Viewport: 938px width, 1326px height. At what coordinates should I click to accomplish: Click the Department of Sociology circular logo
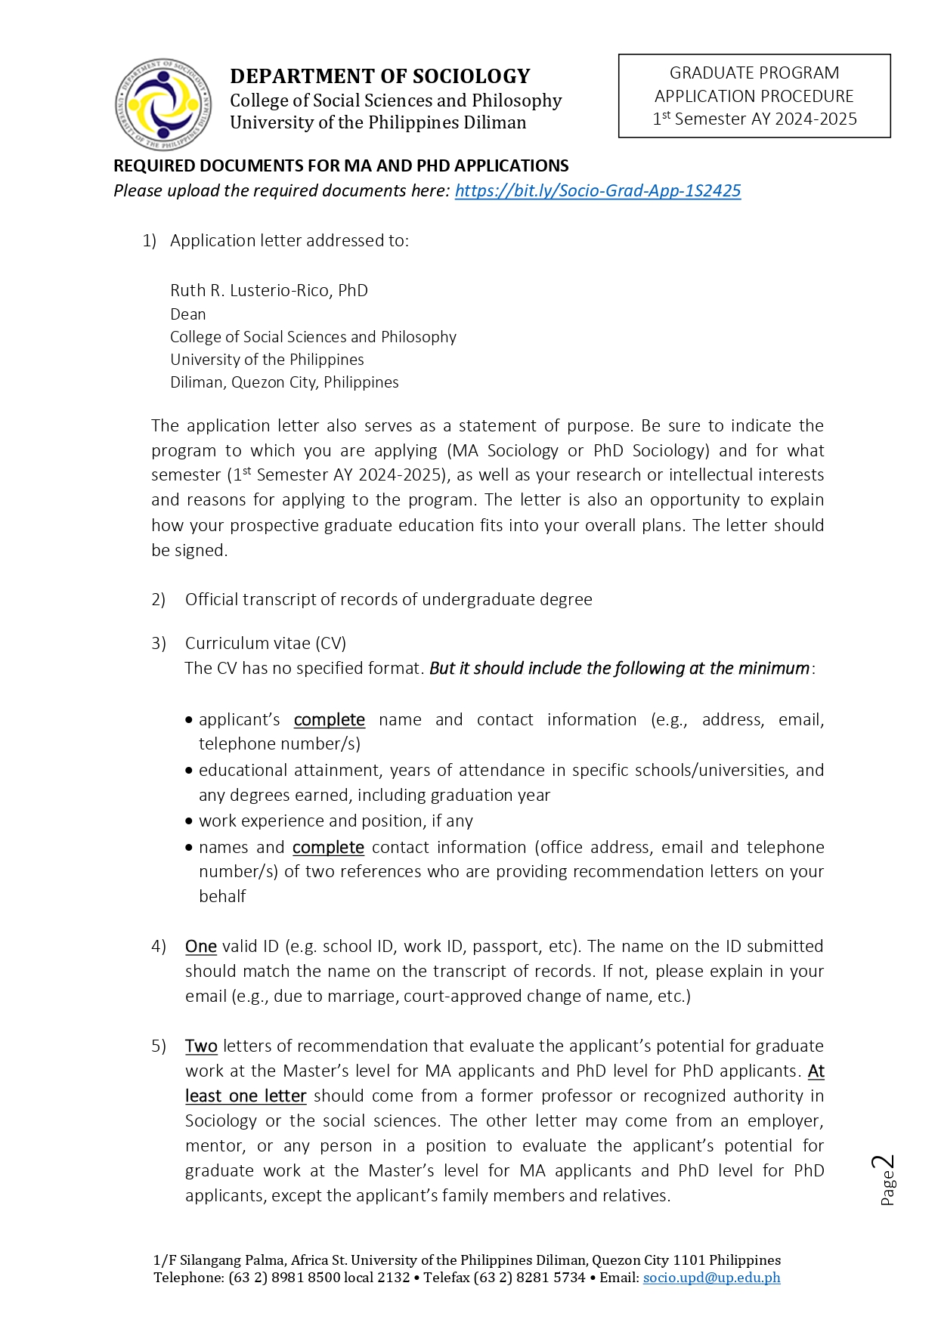163,104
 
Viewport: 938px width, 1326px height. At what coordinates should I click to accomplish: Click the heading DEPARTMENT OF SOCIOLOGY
379,76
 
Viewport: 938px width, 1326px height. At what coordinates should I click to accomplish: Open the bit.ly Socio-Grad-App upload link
597,190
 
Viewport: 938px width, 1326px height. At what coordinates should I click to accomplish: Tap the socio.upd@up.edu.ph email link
711,1278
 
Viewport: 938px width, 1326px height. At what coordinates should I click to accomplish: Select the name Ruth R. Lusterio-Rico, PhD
268,290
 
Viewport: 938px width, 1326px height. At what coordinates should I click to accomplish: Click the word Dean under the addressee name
187,314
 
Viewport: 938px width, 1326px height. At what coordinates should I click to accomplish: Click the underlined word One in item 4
201,946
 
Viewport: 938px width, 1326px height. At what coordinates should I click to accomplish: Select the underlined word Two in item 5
201,1046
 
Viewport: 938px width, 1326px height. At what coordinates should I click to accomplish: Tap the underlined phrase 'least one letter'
246,1096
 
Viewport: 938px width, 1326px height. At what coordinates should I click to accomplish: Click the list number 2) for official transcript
158,599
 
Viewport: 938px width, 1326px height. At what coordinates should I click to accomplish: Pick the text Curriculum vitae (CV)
265,643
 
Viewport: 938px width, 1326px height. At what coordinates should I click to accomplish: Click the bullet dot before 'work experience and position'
189,821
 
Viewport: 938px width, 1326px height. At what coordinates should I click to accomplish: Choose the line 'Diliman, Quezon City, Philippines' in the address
284,382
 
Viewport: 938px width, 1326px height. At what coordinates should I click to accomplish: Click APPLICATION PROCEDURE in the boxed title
754,96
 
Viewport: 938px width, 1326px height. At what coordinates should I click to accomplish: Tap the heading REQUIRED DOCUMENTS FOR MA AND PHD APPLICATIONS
341,165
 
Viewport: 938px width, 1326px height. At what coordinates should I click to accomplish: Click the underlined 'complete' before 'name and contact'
329,719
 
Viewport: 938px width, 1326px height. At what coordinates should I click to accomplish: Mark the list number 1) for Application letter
149,240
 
